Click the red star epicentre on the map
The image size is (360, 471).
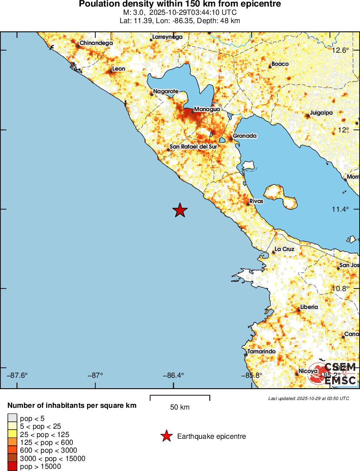[180, 210]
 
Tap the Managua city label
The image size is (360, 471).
[207, 109]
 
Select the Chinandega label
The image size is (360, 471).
[96, 43]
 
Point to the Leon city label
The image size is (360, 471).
[118, 69]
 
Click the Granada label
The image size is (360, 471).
[245, 136]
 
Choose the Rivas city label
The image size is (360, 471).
[256, 202]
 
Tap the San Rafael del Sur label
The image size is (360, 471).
[193, 147]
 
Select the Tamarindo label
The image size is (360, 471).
[261, 352]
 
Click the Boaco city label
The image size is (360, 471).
[280, 64]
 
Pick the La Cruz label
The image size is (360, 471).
[285, 249]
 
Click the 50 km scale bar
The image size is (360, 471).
[180, 398]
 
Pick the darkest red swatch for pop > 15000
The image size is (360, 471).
[12, 467]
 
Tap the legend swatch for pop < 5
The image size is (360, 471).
[12, 419]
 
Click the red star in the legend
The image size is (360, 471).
[166, 436]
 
